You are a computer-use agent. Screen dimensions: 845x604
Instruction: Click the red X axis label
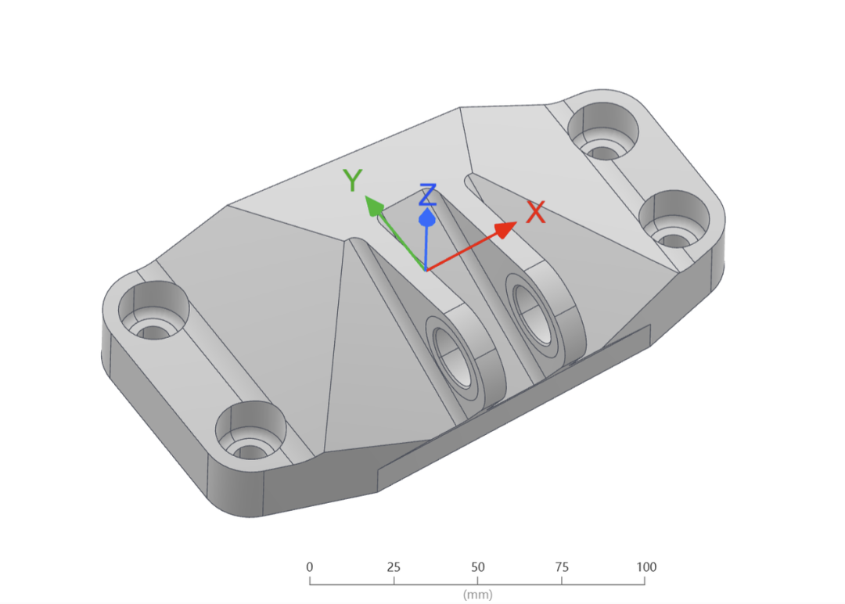tap(536, 212)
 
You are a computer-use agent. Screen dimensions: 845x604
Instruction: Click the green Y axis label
tap(352, 180)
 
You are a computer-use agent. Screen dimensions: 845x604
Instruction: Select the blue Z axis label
tap(428, 195)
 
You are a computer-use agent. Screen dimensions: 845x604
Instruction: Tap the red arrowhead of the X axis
tap(505, 229)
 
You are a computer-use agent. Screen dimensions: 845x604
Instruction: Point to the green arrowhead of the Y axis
tap(373, 206)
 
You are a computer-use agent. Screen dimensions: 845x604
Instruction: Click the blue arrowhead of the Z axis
tap(427, 218)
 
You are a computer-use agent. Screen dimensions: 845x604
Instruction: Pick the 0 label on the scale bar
tap(309, 566)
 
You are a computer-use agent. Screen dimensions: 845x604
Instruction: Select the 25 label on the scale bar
tap(394, 566)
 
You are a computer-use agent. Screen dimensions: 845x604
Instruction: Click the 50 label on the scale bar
tap(477, 566)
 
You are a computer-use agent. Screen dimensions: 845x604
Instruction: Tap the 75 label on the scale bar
tap(562, 566)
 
